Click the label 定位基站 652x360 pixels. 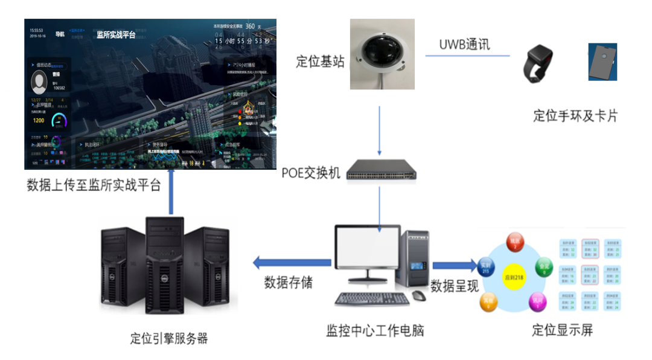coord(320,62)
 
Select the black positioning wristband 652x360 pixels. coord(539,63)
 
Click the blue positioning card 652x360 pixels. coord(602,62)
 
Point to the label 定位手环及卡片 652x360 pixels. coord(575,115)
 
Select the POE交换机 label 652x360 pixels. coord(311,173)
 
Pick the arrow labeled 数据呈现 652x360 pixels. coord(455,265)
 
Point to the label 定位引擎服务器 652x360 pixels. coord(169,338)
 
